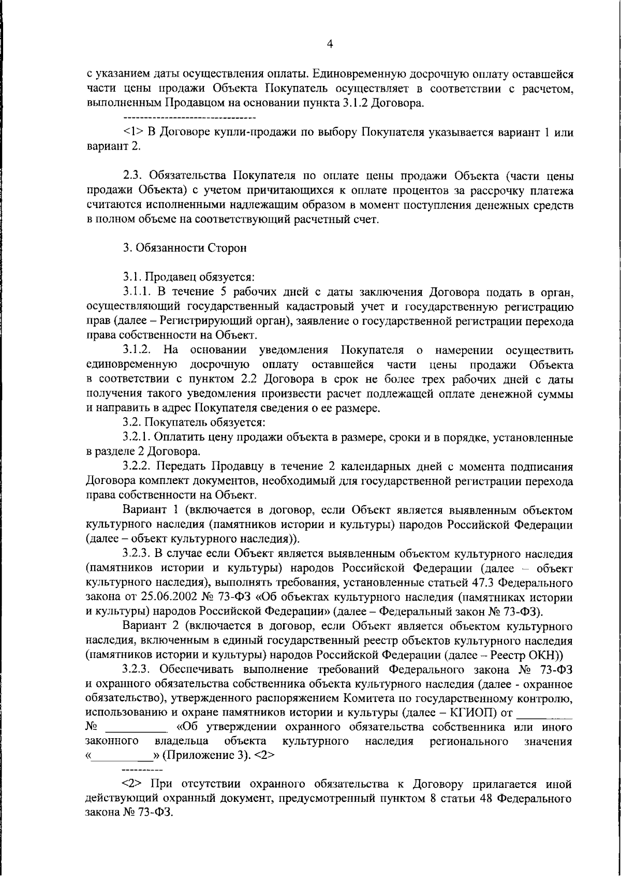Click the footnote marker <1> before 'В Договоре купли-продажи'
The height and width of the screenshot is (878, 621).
tap(134, 132)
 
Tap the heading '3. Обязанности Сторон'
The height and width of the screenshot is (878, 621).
tap(185, 248)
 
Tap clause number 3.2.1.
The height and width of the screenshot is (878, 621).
tap(138, 438)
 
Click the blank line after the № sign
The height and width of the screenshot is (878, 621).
tap(137, 729)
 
